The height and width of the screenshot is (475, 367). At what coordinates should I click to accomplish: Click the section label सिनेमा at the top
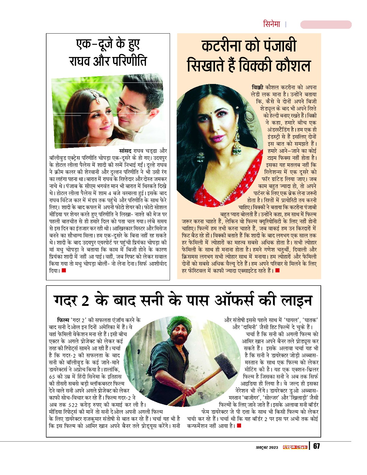point(271,24)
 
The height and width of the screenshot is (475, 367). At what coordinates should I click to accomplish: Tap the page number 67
point(317,446)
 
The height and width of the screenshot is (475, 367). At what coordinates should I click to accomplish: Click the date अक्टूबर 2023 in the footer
point(267,447)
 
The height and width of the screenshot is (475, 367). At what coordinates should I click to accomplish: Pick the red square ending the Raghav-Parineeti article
point(64,271)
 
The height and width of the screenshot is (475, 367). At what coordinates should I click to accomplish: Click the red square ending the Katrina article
point(277,271)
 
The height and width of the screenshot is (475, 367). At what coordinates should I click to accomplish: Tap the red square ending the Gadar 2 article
point(239,426)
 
